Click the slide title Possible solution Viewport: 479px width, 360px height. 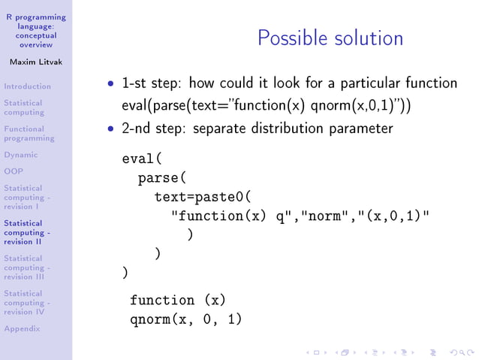tap(330, 38)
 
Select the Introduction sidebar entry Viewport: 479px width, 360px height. tap(27, 86)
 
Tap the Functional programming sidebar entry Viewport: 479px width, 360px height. tap(29, 134)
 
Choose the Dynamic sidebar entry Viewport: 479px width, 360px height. tap(20, 155)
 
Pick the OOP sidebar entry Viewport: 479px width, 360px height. tap(13, 171)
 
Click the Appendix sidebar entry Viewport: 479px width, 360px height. tap(22, 328)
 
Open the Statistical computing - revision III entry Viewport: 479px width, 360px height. tap(27, 268)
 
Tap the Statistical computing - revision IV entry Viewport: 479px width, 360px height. tap(27, 302)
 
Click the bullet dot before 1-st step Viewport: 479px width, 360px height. tap(111, 84)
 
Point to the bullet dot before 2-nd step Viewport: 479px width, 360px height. tap(111, 129)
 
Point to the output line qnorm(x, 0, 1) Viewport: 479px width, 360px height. tap(185, 319)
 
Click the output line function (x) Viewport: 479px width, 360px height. tap(177, 301)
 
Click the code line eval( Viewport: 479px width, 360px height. tap(142, 159)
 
